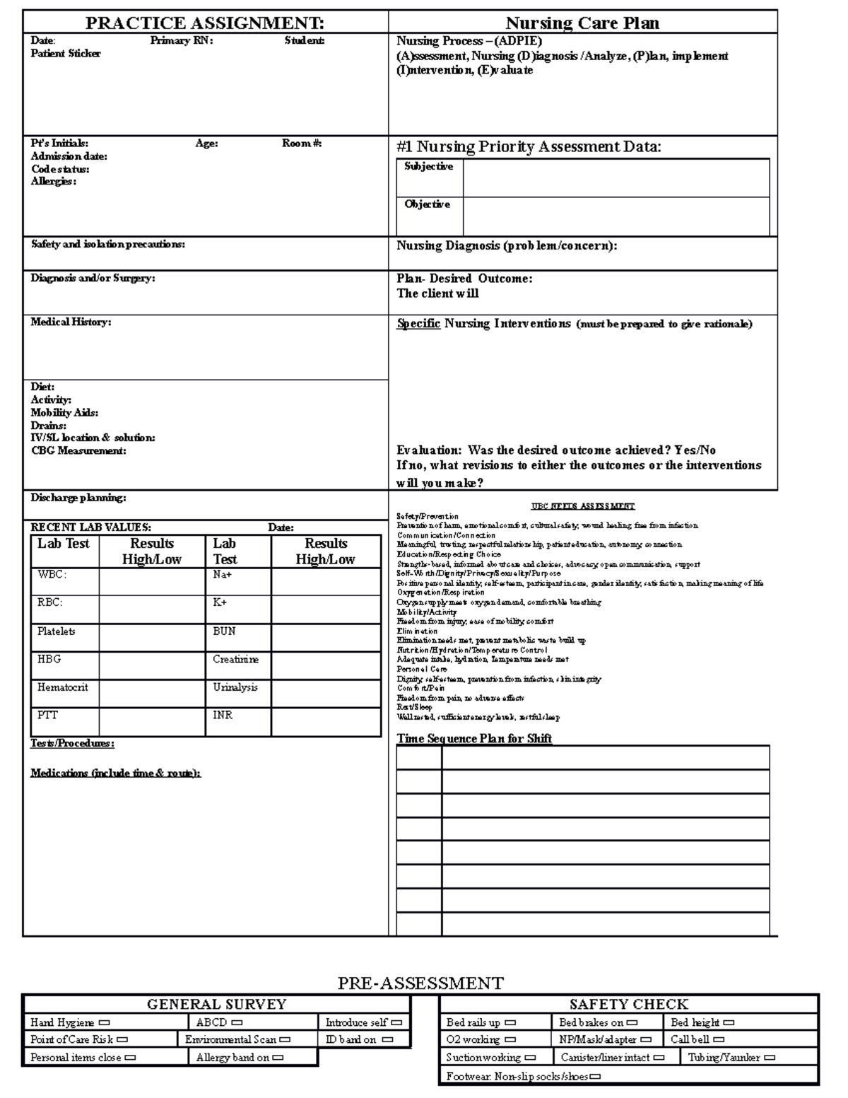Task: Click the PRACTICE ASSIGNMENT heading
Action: tap(205, 23)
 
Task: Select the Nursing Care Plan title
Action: tap(582, 23)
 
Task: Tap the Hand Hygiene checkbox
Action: tap(105, 1022)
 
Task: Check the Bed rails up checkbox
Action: tap(510, 1022)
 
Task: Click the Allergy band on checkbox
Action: tap(278, 1058)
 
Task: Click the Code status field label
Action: tap(60, 169)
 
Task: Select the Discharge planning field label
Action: tap(78, 498)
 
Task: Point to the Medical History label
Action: tap(71, 322)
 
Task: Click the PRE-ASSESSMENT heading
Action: tap(420, 983)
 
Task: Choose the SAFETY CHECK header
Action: tap(628, 1004)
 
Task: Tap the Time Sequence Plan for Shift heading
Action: tap(473, 739)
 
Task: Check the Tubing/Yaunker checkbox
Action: tap(770, 1058)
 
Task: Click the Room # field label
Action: tap(302, 144)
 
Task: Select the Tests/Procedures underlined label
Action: tap(72, 743)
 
